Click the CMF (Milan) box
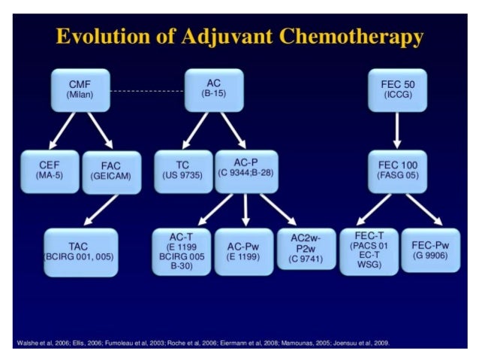point(80,88)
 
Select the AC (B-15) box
point(214,88)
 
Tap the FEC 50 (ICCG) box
point(397,89)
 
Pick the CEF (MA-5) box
point(49,171)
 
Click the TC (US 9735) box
point(182,170)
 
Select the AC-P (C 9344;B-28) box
point(246,170)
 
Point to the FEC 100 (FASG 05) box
point(397,171)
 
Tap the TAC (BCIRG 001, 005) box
point(80,252)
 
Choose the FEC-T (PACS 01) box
point(369,252)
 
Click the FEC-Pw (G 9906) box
point(430,250)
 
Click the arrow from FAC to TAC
point(101,210)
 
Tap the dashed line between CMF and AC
point(147,90)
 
